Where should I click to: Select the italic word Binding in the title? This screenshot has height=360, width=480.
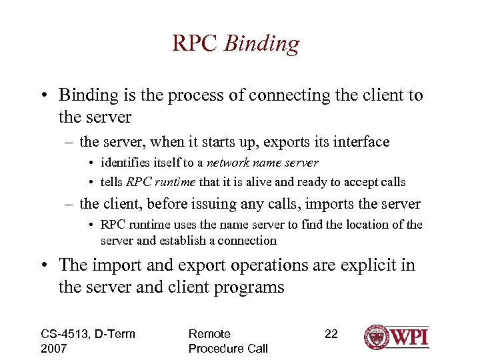262,44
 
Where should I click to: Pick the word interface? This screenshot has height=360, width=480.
361,142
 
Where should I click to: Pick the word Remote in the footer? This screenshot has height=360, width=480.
209,333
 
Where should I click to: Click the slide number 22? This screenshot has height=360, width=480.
331,333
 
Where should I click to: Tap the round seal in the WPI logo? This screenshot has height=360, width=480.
377,337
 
